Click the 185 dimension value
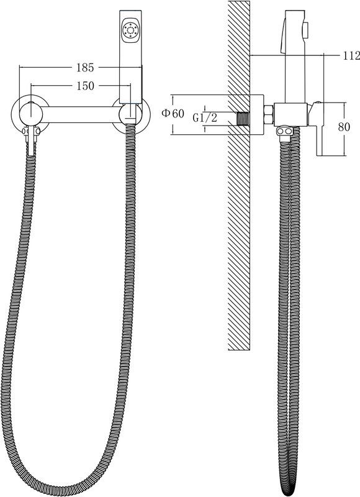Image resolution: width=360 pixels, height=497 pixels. coord(85,67)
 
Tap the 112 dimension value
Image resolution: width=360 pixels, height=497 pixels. coord(351,55)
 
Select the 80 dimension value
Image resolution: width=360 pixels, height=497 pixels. coord(344,127)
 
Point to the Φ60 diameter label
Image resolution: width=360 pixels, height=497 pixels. coord(173,113)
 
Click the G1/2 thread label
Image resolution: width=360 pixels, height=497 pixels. coord(205,118)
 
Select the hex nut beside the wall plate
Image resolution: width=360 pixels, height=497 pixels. coord(269,114)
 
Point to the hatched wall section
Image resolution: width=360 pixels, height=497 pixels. coord(239,176)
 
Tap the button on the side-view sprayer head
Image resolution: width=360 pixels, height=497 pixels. coord(307,29)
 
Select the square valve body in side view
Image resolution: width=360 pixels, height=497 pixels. coord(290,114)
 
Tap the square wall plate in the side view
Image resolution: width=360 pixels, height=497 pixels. coord(257,114)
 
